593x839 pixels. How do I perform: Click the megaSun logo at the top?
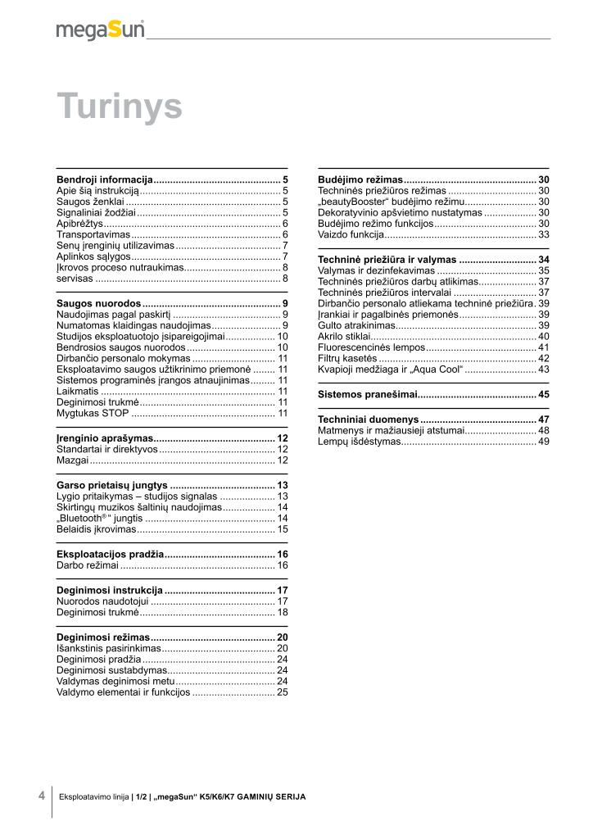point(100,30)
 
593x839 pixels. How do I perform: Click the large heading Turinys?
point(119,107)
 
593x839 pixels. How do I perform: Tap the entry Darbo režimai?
point(88,565)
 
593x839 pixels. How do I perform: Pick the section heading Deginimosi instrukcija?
point(110,590)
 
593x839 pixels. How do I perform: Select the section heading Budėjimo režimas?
point(360,179)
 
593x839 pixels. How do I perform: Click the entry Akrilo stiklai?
point(347,336)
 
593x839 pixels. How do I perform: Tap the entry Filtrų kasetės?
point(347,358)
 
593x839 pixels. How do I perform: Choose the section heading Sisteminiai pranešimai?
point(366,395)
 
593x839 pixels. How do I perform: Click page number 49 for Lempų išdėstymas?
point(543,442)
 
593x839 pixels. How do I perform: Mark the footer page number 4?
point(41,796)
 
